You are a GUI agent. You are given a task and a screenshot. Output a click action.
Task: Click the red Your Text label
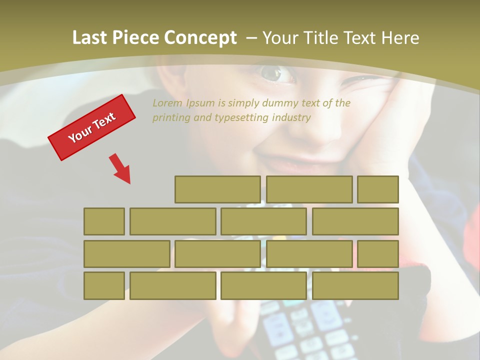pyautogui.click(x=92, y=127)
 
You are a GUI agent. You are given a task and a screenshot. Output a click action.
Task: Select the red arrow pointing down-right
pyautogui.click(x=120, y=168)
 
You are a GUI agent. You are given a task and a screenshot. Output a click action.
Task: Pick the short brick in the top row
pyautogui.click(x=378, y=189)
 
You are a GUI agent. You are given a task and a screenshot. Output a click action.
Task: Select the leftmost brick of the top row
pyautogui.click(x=217, y=189)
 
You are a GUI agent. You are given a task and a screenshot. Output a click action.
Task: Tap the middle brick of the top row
pyautogui.click(x=309, y=189)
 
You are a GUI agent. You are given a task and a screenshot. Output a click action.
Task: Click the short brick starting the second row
pyautogui.click(x=104, y=221)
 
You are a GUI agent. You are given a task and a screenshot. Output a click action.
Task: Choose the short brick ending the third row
pyautogui.click(x=378, y=253)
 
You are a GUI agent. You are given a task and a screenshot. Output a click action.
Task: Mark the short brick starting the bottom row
pyautogui.click(x=104, y=285)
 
